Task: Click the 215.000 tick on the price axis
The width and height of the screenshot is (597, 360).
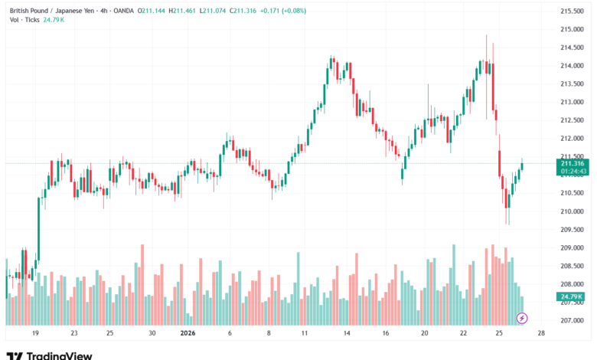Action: [x=573, y=29]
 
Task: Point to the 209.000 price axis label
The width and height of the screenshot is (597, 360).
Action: [x=573, y=248]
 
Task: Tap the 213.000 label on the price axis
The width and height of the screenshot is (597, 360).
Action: [x=573, y=102]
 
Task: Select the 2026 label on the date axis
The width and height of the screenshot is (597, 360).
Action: [x=188, y=334]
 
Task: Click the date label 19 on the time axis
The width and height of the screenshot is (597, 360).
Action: [x=35, y=334]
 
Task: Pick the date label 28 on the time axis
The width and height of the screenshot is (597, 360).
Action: [x=541, y=334]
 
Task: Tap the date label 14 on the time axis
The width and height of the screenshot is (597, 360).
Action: [x=347, y=334]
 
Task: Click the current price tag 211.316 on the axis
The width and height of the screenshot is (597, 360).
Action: [x=573, y=163]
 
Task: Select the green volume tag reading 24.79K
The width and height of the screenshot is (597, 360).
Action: [x=572, y=296]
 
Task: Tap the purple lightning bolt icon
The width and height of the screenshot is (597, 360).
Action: [x=522, y=317]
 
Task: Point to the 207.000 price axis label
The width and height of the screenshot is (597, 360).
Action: [x=573, y=321]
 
